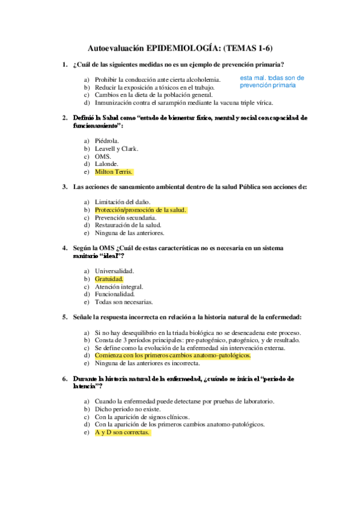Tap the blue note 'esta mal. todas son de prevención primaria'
pyautogui.click(x=272, y=82)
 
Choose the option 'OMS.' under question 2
pyautogui.click(x=103, y=156)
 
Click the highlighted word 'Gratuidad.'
pyautogui.click(x=109, y=279)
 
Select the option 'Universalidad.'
pyautogui.click(x=114, y=271)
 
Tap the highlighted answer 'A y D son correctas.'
pyautogui.click(x=121, y=432)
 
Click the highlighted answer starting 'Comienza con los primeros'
pyautogui.click(x=172, y=355)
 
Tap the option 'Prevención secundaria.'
pyautogui.click(x=123, y=218)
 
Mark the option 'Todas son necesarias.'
pyautogui.click(x=124, y=302)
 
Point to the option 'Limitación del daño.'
pyautogui.click(x=123, y=202)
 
